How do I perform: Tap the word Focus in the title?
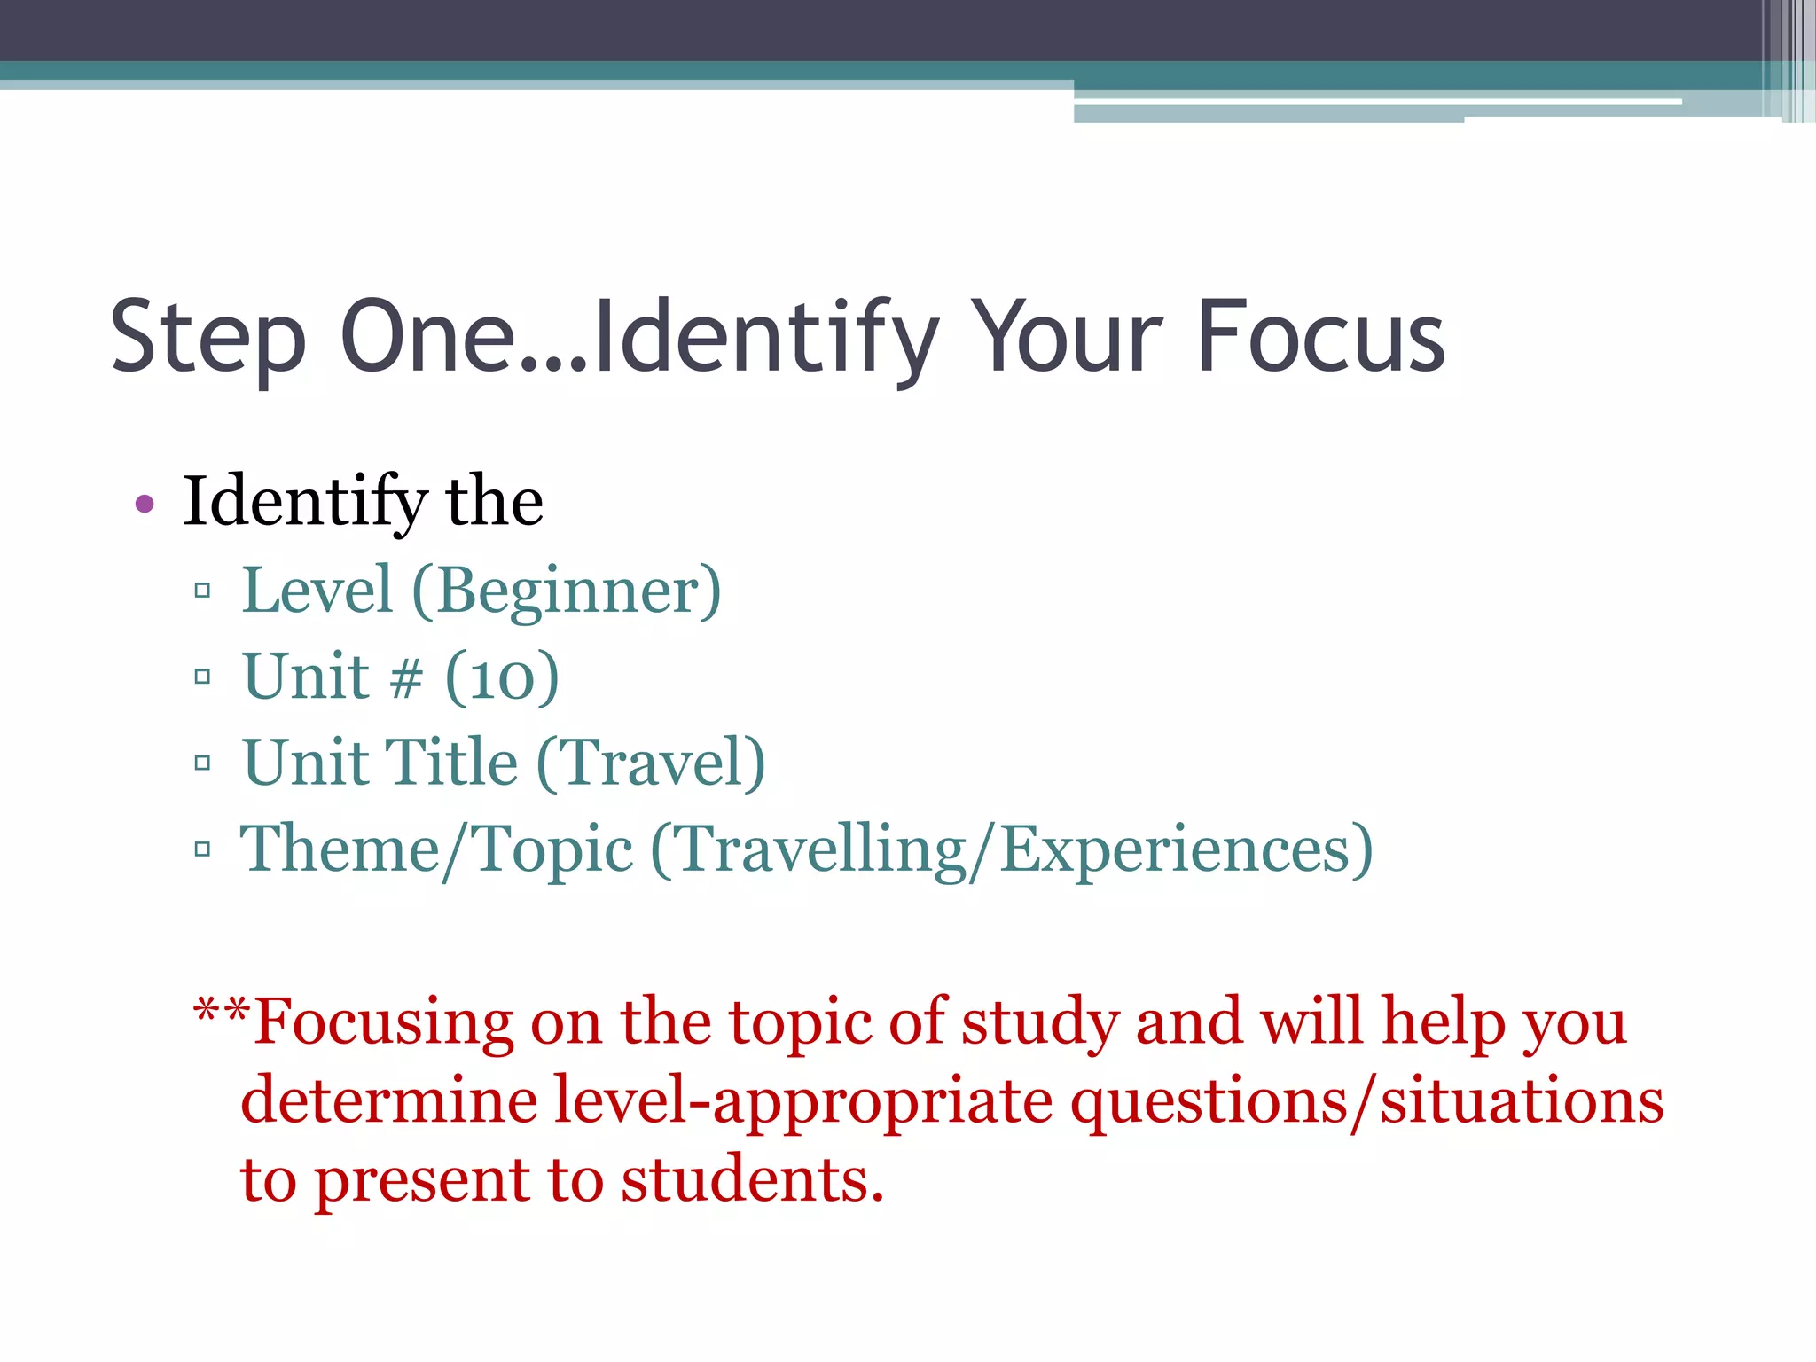point(1320,337)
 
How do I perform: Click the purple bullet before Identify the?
point(145,505)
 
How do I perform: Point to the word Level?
point(317,591)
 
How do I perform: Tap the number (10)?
point(502,677)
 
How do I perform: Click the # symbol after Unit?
point(406,679)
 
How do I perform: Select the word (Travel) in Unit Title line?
point(651,763)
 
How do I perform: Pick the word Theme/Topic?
point(436,849)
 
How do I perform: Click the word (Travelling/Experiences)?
point(1012,849)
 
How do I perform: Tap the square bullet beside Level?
point(202,591)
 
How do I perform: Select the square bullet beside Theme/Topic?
point(202,849)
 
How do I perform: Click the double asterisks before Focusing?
point(222,1011)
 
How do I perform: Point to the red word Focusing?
point(383,1022)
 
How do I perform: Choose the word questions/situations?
point(1366,1101)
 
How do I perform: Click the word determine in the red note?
point(389,1101)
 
